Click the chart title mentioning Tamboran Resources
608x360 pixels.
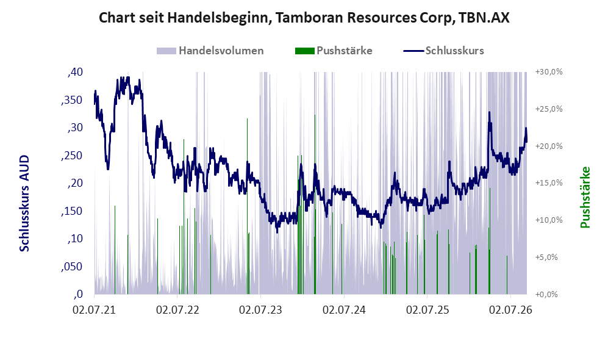tap(304, 18)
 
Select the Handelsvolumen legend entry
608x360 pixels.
tap(210, 51)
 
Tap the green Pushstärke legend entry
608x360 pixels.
tap(334, 51)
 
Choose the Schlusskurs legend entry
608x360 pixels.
tap(443, 51)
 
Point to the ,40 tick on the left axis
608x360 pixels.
tap(75, 72)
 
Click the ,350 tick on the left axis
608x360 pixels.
tap(72, 100)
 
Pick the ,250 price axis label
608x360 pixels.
tap(72, 156)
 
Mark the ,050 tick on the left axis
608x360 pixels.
tap(72, 267)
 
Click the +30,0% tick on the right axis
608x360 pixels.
tap(549, 72)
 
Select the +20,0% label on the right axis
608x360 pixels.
tap(549, 146)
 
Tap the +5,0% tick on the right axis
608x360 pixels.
tap(546, 257)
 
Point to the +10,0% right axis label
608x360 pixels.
tap(549, 220)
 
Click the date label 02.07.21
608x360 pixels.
tap(95, 310)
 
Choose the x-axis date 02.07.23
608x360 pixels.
tap(260, 310)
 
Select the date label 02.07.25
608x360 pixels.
tap(427, 310)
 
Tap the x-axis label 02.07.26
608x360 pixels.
tap(510, 310)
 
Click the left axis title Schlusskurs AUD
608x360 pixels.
tap(24, 203)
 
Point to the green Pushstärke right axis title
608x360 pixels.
tap(585, 198)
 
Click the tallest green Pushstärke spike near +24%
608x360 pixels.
tap(315, 204)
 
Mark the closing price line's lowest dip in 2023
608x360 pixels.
tap(277, 231)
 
